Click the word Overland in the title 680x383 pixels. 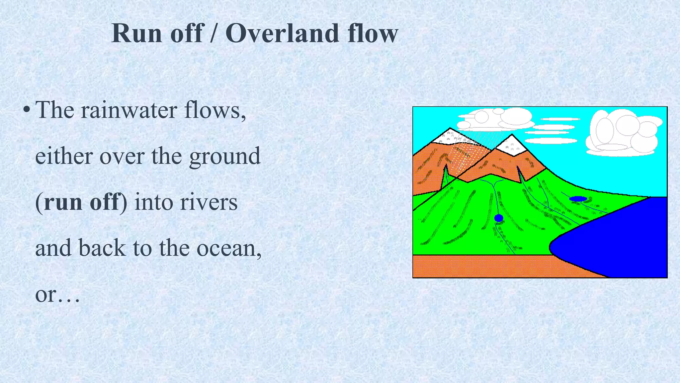tap(282, 34)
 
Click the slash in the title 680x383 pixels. tap(214, 34)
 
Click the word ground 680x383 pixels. tap(225, 157)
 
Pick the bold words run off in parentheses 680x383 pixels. tap(81, 202)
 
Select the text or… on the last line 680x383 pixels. tap(57, 295)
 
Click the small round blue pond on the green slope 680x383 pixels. tap(499, 218)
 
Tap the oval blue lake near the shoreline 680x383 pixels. tap(578, 199)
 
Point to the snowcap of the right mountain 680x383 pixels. tap(512, 146)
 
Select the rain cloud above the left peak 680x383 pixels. tap(495, 120)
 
